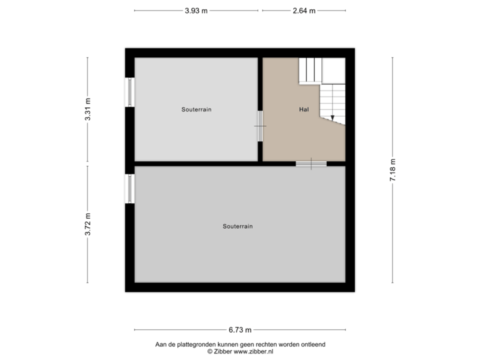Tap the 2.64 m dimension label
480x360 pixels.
tap(303, 11)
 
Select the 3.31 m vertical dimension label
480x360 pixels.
tap(88, 109)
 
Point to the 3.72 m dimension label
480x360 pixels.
tap(88, 223)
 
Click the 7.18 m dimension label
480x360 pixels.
tap(393, 170)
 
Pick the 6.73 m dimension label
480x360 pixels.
tap(240, 329)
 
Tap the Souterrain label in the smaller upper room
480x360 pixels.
tap(196, 109)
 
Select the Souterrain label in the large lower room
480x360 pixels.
tap(237, 227)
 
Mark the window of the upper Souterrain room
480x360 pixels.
tap(129, 92)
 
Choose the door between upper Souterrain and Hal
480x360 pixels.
tap(260, 126)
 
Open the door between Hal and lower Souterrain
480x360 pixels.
tap(311, 163)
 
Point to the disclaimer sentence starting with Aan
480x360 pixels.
tap(240, 345)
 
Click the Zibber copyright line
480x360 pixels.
tap(240, 351)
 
